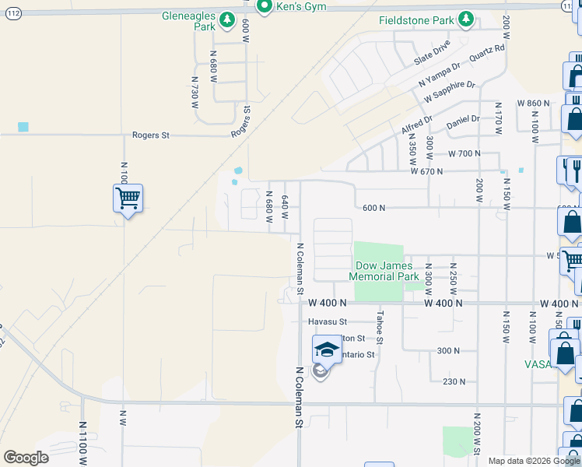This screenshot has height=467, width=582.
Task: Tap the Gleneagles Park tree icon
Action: click(226, 19)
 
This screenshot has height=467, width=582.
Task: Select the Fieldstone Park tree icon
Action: click(465, 19)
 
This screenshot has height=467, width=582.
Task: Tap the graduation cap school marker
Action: click(328, 351)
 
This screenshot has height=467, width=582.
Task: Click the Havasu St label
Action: click(325, 321)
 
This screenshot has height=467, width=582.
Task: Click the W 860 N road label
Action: click(534, 104)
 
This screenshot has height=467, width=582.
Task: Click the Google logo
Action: click(26, 458)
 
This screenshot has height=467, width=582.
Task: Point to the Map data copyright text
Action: click(534, 461)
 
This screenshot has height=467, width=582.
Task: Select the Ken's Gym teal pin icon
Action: click(264, 6)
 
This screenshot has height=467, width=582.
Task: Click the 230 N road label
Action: click(454, 381)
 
